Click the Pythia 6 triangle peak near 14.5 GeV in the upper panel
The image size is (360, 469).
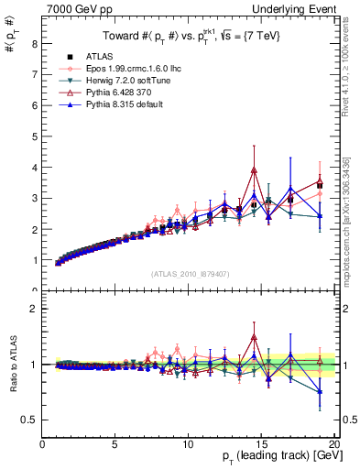pos(254,170)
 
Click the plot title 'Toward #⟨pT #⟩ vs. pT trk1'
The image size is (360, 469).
pos(188,38)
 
